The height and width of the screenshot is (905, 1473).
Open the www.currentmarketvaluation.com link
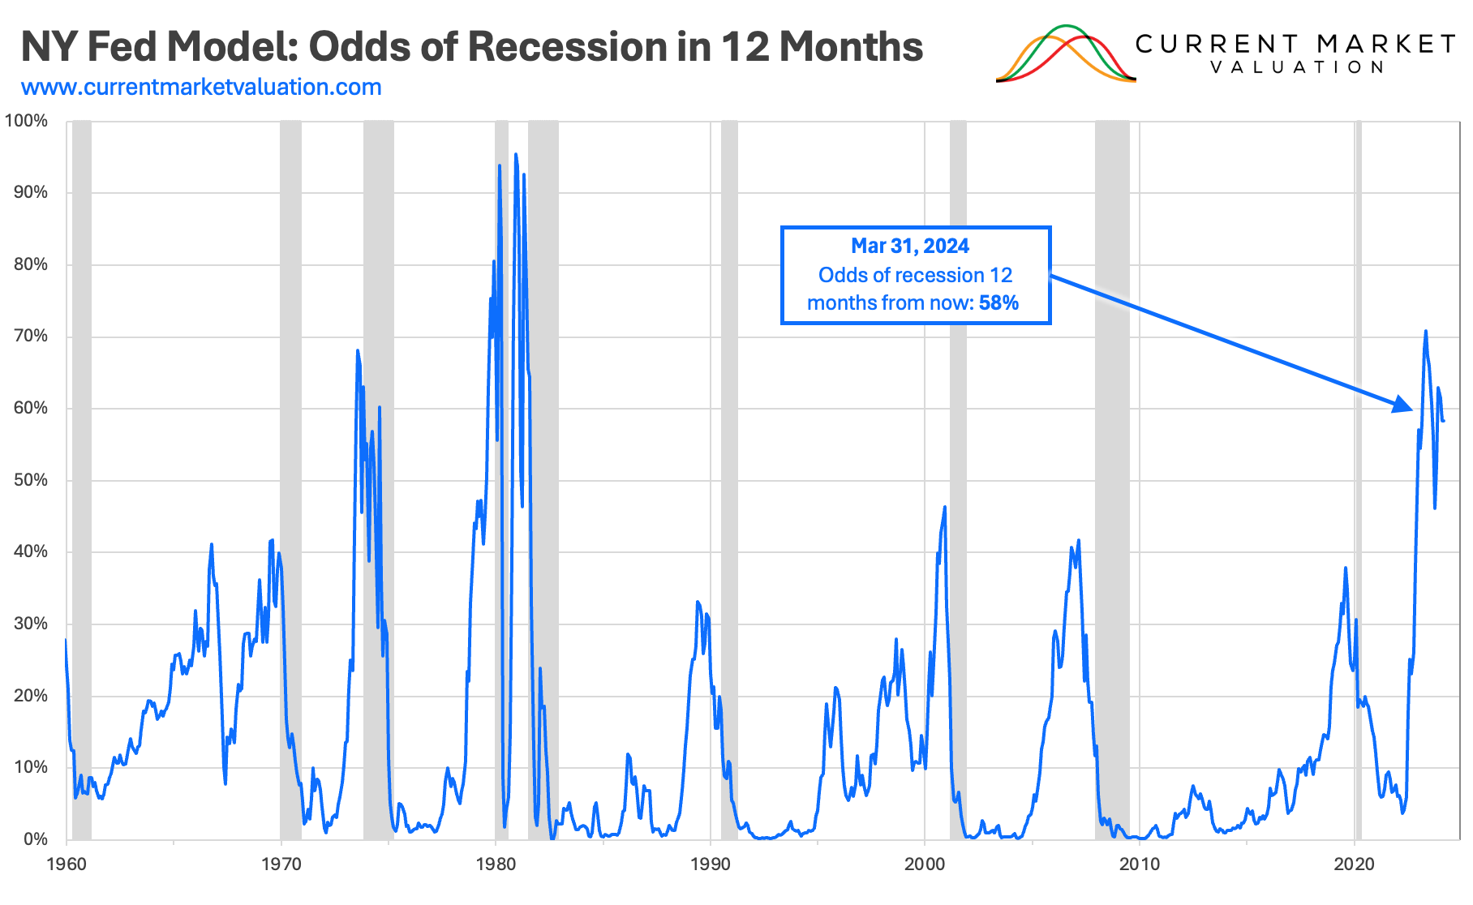[201, 88]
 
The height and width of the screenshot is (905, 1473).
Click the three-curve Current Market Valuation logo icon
[1065, 54]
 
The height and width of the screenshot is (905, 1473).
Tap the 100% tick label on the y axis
[27, 121]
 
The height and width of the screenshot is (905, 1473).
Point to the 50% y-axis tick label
[30, 480]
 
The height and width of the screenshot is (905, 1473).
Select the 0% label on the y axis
[35, 839]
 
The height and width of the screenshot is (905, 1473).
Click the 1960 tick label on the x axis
[67, 864]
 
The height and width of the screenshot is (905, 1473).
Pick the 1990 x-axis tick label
[710, 864]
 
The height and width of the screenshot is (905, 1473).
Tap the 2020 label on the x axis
[1355, 864]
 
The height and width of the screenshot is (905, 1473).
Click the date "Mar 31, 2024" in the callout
[909, 247]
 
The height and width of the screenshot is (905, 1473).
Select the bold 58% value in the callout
[998, 303]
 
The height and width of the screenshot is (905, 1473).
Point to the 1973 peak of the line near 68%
[357, 350]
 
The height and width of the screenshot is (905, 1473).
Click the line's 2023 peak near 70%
[1425, 331]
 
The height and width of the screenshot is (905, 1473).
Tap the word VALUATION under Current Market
[1296, 67]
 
